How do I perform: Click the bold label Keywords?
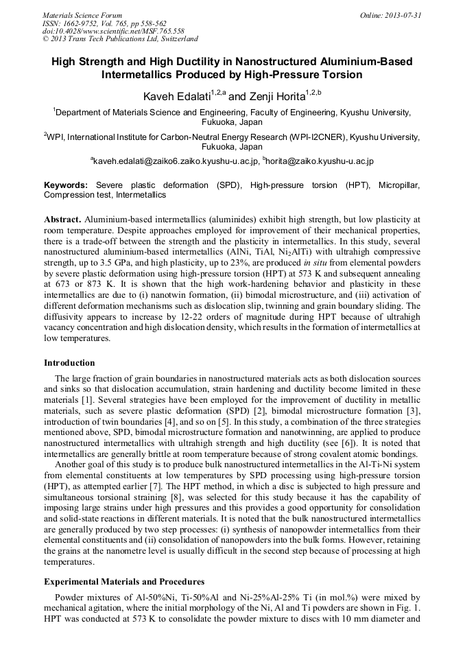[x=66, y=185]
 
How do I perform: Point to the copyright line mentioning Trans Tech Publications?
[x=120, y=39]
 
